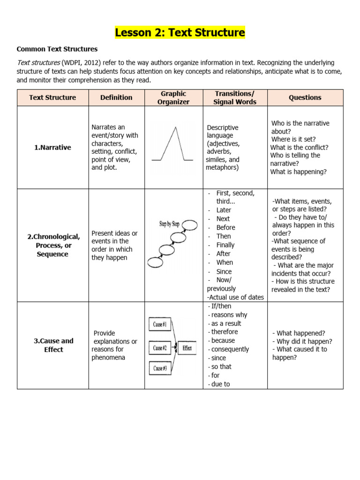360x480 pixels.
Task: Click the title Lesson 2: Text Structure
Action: click(180, 33)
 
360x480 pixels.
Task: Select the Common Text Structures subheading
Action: click(57, 49)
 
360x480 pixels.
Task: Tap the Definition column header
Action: click(116, 97)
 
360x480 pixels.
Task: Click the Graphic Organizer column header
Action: click(173, 97)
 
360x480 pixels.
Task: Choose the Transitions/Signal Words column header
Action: click(235, 97)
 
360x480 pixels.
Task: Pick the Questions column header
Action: click(305, 97)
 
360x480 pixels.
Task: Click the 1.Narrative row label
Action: click(52, 147)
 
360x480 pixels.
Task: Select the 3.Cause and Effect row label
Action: click(53, 345)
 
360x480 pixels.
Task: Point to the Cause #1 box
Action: click(160, 324)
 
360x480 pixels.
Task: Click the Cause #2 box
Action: click(160, 348)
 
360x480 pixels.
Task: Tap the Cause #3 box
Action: click(160, 368)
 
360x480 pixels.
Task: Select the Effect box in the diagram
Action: click(187, 348)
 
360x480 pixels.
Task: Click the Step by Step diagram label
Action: click(169, 224)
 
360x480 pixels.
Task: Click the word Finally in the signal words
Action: click(225, 245)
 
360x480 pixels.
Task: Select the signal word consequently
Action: click(230, 349)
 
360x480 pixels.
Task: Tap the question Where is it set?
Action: click(293, 139)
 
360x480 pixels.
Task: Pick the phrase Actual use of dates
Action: click(236, 297)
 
